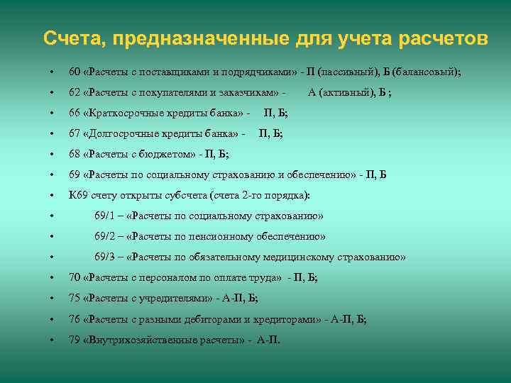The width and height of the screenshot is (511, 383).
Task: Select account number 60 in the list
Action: coord(75,72)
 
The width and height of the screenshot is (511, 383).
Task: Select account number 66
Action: coord(75,113)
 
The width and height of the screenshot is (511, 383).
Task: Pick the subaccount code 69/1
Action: coord(105,216)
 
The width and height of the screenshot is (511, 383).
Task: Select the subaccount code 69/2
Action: coord(105,236)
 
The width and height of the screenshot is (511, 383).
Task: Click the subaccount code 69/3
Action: coord(105,257)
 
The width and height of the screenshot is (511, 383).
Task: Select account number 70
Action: coord(75,277)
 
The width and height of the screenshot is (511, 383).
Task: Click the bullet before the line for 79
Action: coord(52,340)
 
